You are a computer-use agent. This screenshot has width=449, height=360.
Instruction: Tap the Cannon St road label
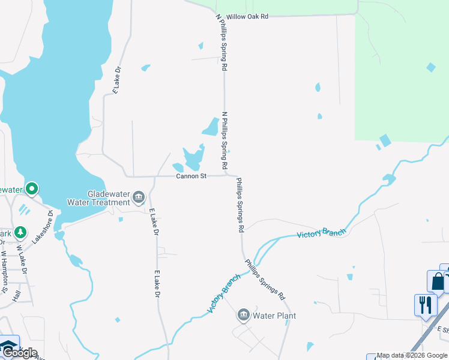(191, 176)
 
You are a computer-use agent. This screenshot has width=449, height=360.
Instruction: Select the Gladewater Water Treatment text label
(108, 198)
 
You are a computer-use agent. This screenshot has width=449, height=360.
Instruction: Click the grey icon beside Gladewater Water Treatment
(139, 197)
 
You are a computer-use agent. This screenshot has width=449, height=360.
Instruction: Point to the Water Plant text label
(274, 316)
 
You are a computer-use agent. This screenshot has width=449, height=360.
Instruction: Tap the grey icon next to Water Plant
(244, 314)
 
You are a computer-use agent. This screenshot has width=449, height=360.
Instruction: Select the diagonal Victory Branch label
(223, 293)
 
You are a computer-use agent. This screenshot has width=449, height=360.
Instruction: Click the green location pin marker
(31, 189)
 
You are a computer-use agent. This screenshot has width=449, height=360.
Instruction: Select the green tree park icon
(20, 232)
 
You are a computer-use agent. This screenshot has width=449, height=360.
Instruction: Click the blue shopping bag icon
(437, 281)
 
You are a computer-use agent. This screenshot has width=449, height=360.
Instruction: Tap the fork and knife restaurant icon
(425, 304)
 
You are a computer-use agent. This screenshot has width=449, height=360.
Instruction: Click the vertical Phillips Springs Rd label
(240, 205)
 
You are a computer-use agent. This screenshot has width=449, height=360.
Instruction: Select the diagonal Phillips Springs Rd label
(265, 279)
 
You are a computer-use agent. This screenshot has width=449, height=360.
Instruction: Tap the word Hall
(17, 295)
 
